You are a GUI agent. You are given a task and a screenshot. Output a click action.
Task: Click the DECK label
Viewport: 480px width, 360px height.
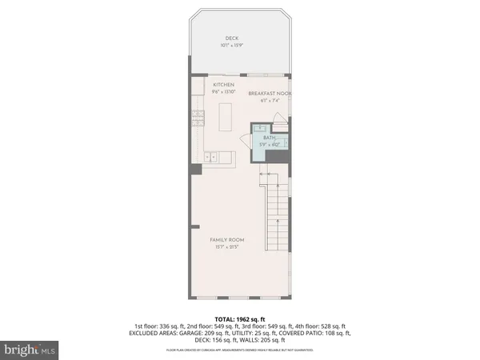(231, 38)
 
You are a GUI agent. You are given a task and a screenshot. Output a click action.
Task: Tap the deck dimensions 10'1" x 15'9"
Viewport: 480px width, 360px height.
(231, 45)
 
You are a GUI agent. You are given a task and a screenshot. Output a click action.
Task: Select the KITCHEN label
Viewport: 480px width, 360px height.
(222, 84)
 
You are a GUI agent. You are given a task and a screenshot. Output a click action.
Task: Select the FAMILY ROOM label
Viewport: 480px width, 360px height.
(227, 240)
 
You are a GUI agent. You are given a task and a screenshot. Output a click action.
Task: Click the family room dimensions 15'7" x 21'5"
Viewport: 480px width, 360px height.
(227, 247)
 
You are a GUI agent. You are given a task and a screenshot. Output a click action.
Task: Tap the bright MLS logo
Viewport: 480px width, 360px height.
(30, 349)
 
